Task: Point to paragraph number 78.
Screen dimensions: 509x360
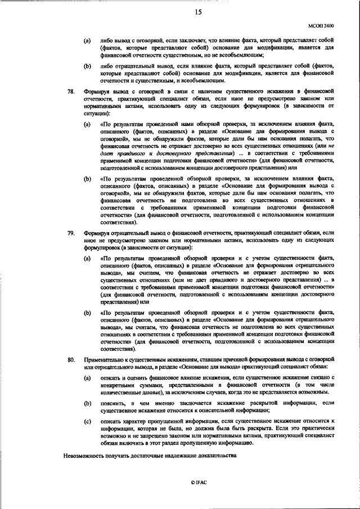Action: [70, 91]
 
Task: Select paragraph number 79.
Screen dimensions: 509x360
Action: [70, 233]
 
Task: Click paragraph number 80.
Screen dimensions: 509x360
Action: [70, 358]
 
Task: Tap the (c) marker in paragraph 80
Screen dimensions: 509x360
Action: [87, 420]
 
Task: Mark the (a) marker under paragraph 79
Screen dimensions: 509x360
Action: [87, 257]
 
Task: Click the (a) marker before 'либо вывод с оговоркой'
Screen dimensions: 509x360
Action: [87, 41]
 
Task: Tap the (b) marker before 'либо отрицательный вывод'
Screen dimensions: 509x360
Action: [87, 66]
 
